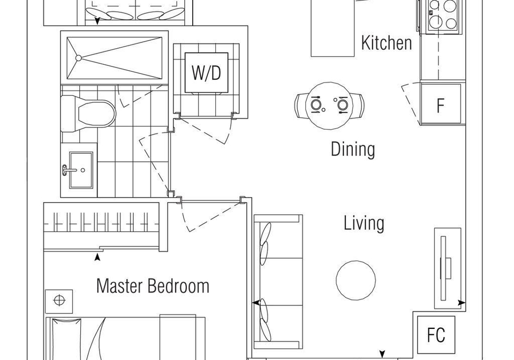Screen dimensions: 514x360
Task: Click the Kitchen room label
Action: coord(387,43)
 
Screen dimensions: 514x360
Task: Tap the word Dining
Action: coord(353,149)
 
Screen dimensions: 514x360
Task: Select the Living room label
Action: coord(364,223)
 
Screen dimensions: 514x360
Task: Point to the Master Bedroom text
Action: coord(153,286)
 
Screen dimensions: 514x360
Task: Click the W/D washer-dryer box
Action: coord(207,73)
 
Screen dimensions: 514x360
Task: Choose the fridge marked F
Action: coord(441,104)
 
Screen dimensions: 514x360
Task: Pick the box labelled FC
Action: coord(436,335)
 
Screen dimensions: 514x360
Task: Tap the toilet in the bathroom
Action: coord(88,114)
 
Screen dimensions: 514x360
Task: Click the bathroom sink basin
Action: coord(81,170)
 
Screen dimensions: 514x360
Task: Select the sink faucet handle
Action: coord(65,170)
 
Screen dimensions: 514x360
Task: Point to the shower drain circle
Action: coord(78,58)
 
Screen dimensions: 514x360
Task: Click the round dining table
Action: coord(329,105)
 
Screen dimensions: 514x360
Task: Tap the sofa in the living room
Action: coord(278,282)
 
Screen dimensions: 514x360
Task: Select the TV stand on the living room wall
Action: coord(448,268)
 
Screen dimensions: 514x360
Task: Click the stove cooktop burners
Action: coord(443,16)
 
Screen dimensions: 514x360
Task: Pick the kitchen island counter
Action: coord(332,28)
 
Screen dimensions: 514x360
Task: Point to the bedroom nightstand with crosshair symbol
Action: coord(59,301)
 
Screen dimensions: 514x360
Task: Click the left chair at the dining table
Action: coord(301,105)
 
